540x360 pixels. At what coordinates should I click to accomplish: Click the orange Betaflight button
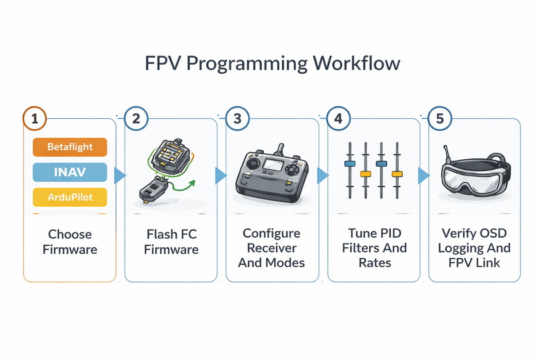(x=70, y=147)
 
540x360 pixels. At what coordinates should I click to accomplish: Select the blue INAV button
(x=70, y=172)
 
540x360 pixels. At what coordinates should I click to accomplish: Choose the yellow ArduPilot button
(x=70, y=197)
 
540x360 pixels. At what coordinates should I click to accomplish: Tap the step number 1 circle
(x=35, y=119)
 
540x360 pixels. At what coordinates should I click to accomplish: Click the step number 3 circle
(x=238, y=119)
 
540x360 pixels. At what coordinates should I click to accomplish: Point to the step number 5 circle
(x=440, y=119)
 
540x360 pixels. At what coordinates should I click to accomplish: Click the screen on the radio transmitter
(x=273, y=165)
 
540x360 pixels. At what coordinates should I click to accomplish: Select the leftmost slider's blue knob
(x=350, y=163)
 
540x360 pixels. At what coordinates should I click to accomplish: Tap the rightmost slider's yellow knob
(x=397, y=173)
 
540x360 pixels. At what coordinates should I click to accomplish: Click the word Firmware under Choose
(x=70, y=250)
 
